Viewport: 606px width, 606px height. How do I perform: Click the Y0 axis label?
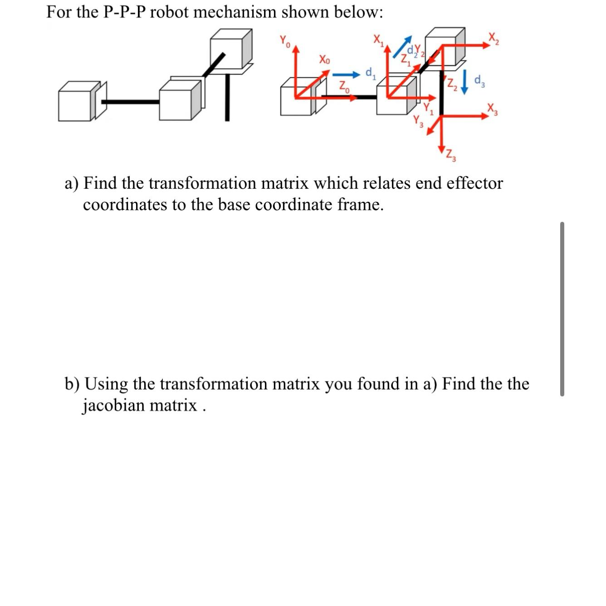coord(284,42)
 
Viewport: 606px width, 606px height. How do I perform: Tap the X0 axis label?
coord(324,59)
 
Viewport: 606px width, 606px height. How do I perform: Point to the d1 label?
coord(370,72)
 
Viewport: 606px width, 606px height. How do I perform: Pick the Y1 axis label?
coord(428,109)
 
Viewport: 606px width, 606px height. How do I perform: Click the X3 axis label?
coord(493,110)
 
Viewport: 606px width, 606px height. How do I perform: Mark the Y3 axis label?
coord(418,122)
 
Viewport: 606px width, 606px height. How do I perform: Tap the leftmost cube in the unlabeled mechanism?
coord(76,102)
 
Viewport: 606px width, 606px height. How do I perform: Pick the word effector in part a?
coord(475,183)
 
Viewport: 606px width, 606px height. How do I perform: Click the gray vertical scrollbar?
coord(562,309)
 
